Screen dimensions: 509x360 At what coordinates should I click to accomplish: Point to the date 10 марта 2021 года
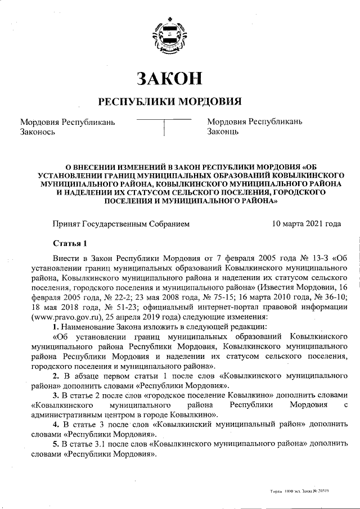(x=306, y=223)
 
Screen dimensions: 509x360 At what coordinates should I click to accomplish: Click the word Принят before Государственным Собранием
(x=66, y=223)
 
